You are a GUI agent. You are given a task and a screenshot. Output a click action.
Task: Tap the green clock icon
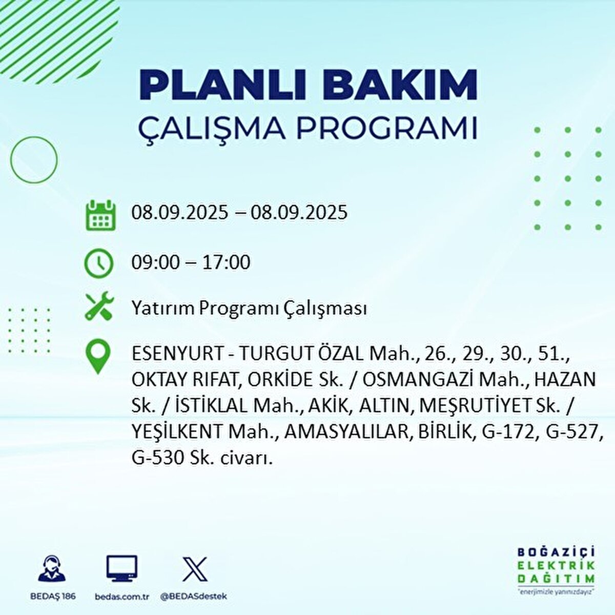pyautogui.click(x=98, y=263)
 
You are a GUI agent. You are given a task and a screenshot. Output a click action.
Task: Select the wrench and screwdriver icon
pyautogui.click(x=98, y=306)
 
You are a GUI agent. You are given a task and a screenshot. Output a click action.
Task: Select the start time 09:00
pyautogui.click(x=155, y=262)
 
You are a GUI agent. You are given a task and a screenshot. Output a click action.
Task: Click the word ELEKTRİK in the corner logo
pyautogui.click(x=556, y=565)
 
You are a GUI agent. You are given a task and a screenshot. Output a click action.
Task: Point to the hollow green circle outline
pyautogui.click(x=34, y=159)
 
